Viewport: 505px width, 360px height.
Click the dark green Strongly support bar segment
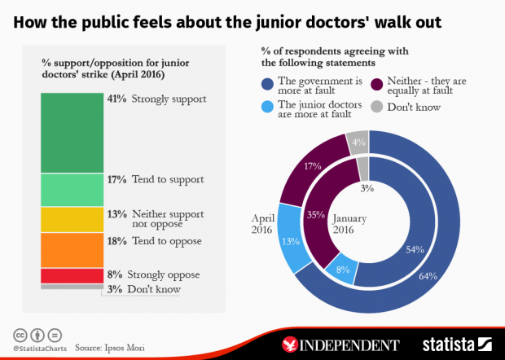pyautogui.click(x=72, y=132)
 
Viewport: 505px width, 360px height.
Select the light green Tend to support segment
pyautogui.click(x=72, y=189)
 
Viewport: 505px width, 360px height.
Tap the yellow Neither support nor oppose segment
pyautogui.click(x=72, y=219)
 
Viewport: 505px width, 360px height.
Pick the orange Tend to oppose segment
pyautogui.click(x=72, y=249)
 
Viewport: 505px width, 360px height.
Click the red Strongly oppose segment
pyautogui.click(x=72, y=275)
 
